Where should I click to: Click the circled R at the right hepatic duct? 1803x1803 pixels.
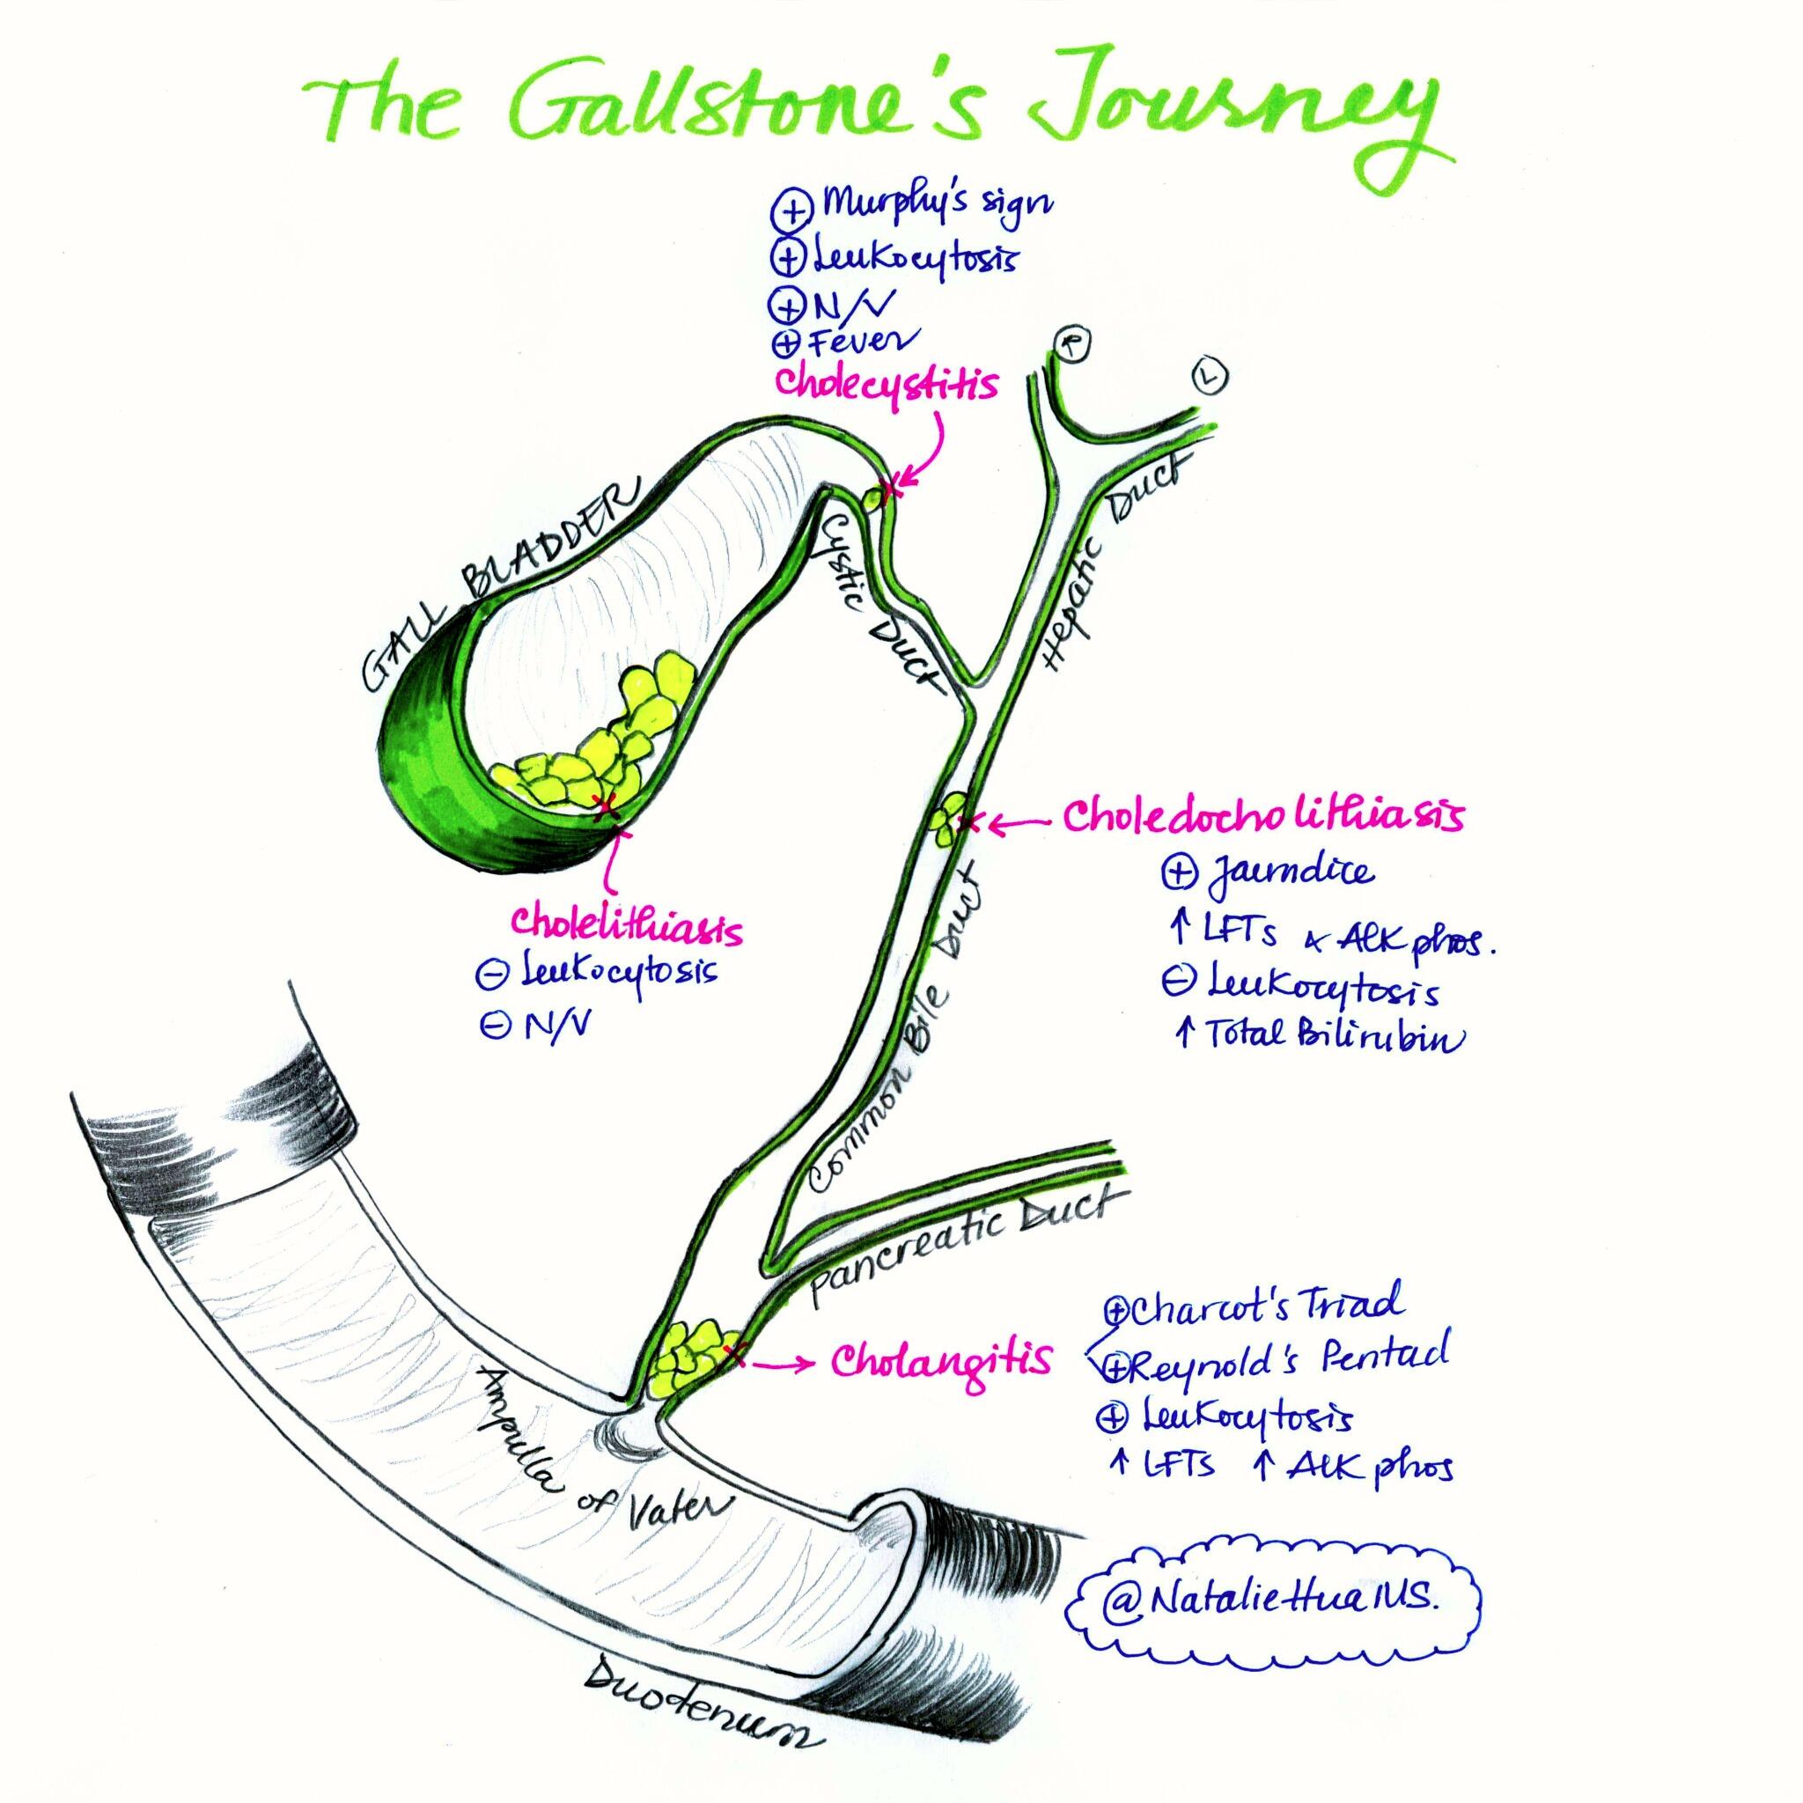pos(1072,344)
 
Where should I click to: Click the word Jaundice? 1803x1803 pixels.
pos(1292,872)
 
